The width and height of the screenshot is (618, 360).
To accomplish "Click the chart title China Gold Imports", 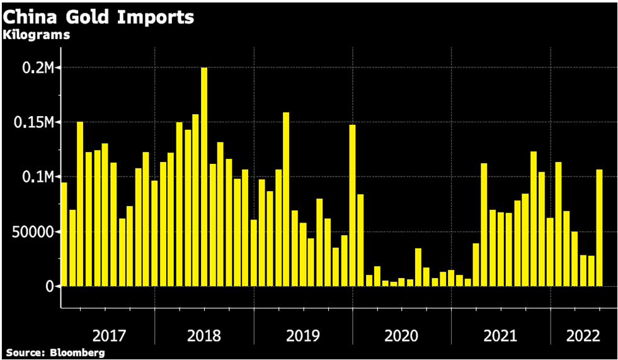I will [98, 17].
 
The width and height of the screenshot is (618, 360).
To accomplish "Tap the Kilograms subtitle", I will [36, 35].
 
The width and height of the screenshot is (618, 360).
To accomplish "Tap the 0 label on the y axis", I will [49, 287].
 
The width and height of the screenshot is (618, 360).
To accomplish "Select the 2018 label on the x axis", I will [204, 335].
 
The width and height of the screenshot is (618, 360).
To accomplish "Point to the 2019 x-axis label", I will [303, 335].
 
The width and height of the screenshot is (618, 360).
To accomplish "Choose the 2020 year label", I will [402, 335].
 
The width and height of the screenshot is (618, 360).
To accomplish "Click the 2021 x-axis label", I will [500, 335].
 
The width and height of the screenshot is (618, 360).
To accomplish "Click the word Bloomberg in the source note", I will [79, 352].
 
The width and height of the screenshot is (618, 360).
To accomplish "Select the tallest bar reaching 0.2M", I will [204, 177].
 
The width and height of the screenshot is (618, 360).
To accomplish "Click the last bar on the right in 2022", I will [599, 228].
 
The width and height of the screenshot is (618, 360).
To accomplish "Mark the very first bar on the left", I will [64, 234].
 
